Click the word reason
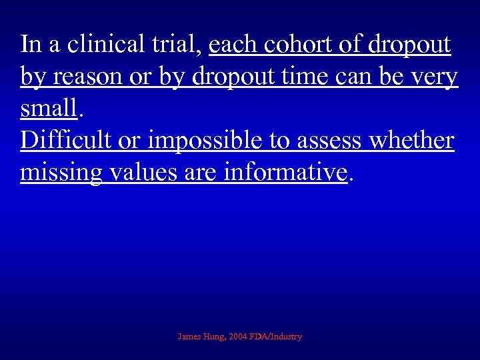[x=82, y=77]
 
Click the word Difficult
[x=65, y=141]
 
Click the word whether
[x=410, y=141]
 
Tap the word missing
[x=61, y=173]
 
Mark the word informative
[x=287, y=173]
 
